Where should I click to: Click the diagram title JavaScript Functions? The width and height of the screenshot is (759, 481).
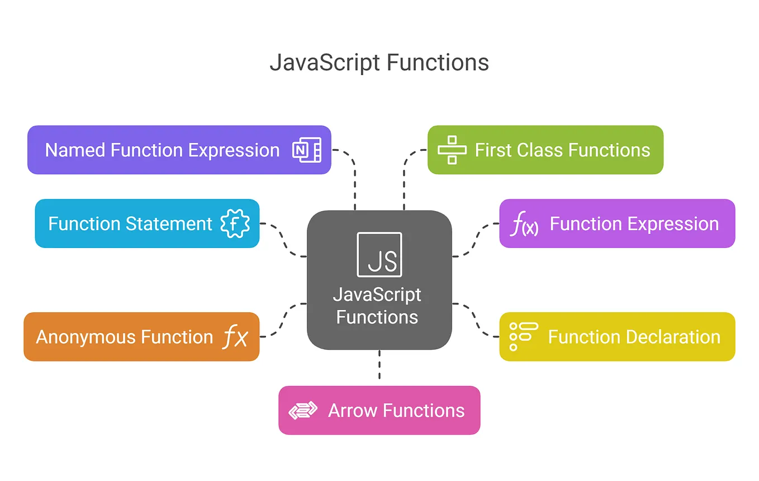379,63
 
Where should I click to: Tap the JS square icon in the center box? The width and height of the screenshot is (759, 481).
379,254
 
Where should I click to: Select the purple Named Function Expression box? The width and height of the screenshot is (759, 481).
162,150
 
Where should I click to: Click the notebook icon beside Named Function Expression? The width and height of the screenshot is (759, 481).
307,150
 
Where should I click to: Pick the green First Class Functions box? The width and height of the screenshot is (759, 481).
562,150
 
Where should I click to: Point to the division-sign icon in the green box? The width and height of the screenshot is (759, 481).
452,150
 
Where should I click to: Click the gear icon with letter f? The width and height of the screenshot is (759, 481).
235,223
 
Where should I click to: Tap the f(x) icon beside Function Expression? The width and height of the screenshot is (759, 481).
524,225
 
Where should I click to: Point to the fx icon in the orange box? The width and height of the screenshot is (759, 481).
235,337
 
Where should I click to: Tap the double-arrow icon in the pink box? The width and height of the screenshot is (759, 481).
303,411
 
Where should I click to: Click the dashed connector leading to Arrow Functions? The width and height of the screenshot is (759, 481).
379,368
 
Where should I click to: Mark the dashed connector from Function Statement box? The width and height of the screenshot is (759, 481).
284,240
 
